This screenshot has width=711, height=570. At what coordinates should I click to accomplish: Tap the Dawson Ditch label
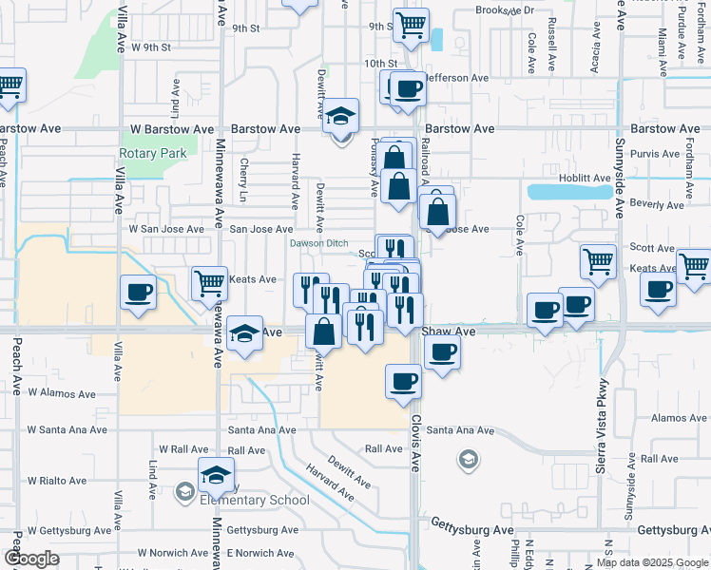pos(319,243)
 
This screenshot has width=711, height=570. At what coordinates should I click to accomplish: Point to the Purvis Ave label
pos(658,153)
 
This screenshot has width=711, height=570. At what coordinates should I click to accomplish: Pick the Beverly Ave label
pos(658,204)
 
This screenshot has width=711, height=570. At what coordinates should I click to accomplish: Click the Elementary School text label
pos(255,501)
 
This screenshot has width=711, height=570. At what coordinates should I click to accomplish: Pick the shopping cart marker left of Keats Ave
pos(209,282)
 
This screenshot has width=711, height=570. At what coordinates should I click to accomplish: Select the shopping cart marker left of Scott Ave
pos(599,259)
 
